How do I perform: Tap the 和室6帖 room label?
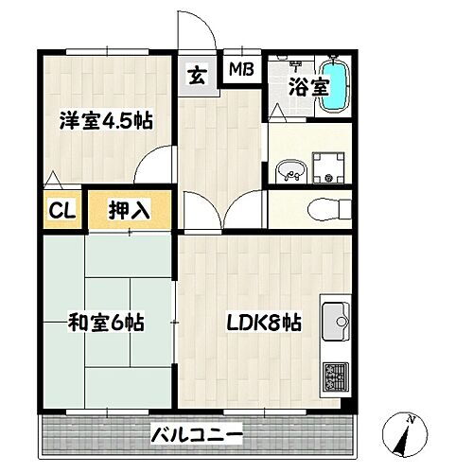click(105, 323)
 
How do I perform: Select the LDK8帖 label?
click(262, 323)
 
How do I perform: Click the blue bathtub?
click(335, 85)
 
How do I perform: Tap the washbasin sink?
click(290, 172)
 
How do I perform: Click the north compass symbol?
click(406, 434)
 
